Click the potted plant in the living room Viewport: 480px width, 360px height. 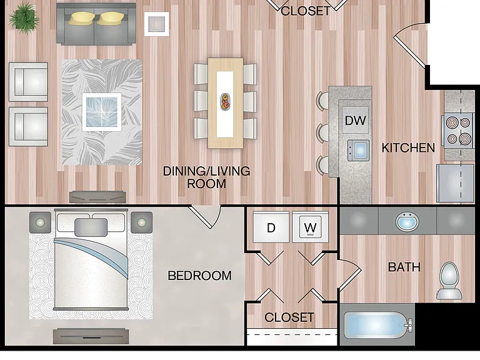point(24,18)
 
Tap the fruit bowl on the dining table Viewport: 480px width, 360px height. point(226,102)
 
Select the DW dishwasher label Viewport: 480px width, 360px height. point(356,120)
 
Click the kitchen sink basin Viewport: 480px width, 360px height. point(359,150)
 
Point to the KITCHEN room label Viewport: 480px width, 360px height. point(408,148)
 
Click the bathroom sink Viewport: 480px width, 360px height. point(407,221)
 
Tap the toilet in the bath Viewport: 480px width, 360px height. point(449,280)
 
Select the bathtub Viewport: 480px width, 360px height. point(377,325)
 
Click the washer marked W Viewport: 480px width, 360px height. point(310,227)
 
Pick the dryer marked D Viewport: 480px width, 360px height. point(271,227)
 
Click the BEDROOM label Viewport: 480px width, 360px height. point(199,276)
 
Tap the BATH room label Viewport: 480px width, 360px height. point(404,267)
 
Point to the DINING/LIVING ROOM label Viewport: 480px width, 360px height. point(206,177)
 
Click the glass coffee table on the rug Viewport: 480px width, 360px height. point(102,112)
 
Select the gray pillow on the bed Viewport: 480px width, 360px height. point(91,227)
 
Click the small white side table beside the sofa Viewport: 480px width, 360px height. point(157,24)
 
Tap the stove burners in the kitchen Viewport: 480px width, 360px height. point(458,131)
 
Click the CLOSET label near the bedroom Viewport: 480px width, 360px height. point(289,317)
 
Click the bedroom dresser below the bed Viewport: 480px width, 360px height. point(91,336)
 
